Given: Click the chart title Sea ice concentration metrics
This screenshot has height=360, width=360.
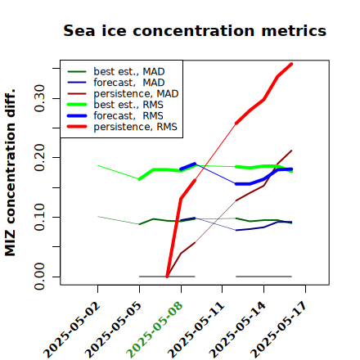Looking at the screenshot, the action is click(x=195, y=30).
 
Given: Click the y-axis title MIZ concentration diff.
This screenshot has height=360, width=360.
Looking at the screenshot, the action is click(x=10, y=173).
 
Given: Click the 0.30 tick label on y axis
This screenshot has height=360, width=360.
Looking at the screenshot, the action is click(x=39, y=98).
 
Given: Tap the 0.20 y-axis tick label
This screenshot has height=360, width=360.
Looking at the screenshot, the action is click(x=39, y=157).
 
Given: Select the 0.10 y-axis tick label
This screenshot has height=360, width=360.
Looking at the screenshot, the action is click(x=39, y=217).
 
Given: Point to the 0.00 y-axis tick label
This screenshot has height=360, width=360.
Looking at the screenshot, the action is click(x=39, y=277).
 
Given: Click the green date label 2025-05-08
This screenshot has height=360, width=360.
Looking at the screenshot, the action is click(x=155, y=330).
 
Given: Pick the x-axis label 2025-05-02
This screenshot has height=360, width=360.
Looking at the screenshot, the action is click(x=71, y=330).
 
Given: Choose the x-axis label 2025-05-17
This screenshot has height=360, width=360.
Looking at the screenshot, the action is click(x=279, y=330).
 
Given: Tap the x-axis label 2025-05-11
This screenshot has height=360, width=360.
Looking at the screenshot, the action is click(x=196, y=330).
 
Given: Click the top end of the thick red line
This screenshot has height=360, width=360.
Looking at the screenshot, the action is click(x=291, y=64).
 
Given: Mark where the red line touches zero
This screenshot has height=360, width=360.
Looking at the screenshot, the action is click(x=167, y=277).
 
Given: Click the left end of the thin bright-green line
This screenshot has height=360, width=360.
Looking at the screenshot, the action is click(x=98, y=165).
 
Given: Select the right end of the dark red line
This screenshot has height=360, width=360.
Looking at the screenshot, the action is click(x=292, y=151).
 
